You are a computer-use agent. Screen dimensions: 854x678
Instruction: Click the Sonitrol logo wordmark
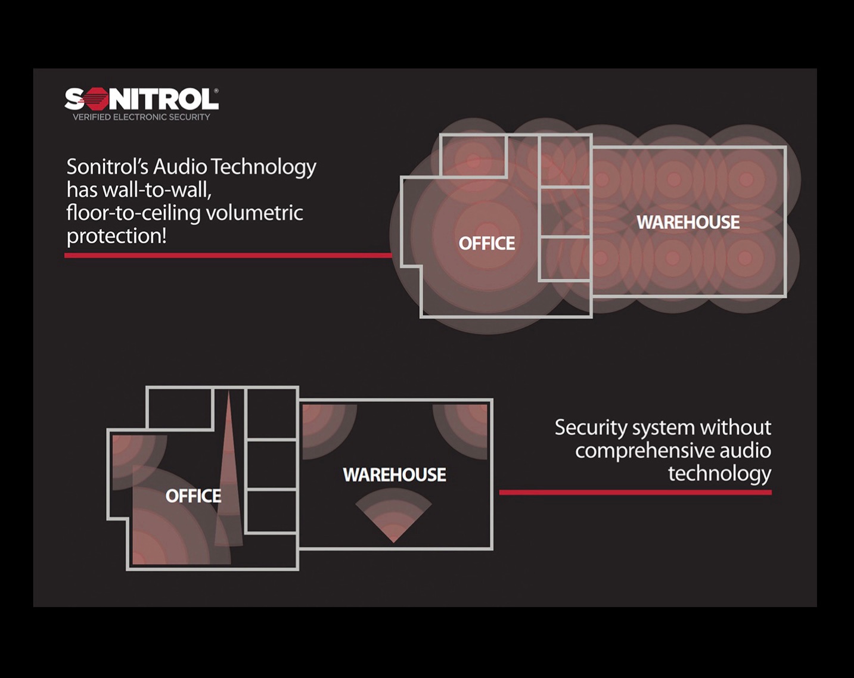coord(141,99)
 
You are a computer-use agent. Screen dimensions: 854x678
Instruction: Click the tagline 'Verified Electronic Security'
coord(141,117)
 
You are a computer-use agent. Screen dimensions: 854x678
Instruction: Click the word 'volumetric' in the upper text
coord(254,213)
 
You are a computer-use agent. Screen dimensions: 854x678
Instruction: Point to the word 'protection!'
coord(116,237)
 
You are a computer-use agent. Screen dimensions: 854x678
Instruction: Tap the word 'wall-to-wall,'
coord(157,190)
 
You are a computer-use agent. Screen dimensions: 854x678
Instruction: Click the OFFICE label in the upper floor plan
coord(487,243)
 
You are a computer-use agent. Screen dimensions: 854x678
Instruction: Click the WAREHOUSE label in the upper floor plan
coord(688,222)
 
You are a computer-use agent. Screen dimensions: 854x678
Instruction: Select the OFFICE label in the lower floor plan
coord(194,496)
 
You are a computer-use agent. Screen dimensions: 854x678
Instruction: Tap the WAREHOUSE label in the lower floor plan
coord(395,475)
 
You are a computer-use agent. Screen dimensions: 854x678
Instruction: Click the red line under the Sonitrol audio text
coord(228,256)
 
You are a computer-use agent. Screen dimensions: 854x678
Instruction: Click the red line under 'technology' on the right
coord(635,492)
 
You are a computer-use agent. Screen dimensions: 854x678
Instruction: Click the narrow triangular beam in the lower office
coord(229,476)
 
